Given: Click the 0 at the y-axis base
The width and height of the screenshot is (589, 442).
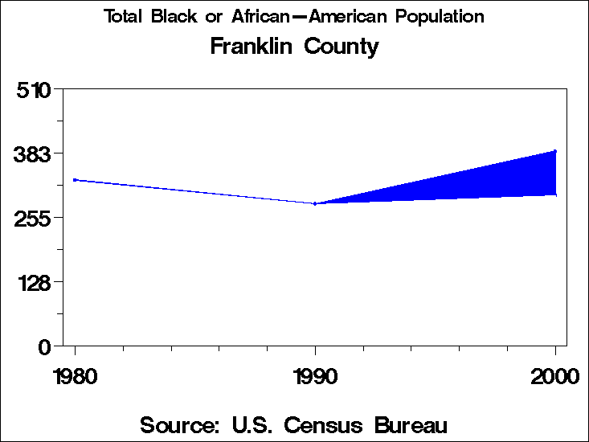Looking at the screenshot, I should click(x=46, y=346).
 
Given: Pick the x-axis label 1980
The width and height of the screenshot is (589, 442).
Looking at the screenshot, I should click(x=75, y=376).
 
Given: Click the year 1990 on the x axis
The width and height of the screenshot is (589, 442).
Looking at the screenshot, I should click(x=315, y=376).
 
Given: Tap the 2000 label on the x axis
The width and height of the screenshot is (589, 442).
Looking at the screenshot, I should click(x=554, y=376).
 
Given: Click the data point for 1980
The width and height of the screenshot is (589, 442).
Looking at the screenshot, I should click(x=75, y=180).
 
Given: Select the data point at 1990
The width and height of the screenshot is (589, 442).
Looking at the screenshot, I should click(x=315, y=203).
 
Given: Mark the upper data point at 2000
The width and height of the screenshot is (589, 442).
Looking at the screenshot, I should click(x=555, y=151).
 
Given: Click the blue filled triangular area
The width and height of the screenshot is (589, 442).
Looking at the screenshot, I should click(x=498, y=182).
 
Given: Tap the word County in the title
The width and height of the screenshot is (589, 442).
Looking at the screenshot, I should click(x=341, y=47).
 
